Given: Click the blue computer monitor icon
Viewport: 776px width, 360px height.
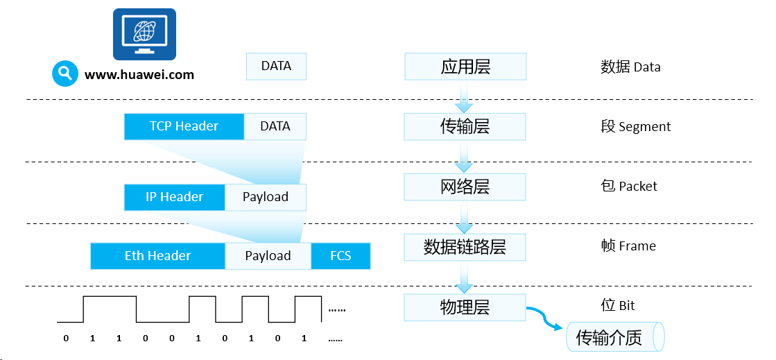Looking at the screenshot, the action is point(144,34).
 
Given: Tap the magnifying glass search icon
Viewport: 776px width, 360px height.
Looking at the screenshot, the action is point(64,74).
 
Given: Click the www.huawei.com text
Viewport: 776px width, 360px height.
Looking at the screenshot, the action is point(139,75).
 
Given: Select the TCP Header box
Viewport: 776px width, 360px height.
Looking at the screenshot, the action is point(184,126).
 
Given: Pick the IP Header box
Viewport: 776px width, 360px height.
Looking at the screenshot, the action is point(175,197).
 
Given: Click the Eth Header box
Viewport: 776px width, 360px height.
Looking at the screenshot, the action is point(158,256).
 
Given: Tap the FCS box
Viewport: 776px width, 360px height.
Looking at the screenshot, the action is point(340,256).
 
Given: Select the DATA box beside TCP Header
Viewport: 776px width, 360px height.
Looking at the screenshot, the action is point(275,126).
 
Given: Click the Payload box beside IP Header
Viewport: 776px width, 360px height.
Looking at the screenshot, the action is point(266,197).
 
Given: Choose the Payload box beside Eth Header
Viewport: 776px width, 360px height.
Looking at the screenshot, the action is point(268,256).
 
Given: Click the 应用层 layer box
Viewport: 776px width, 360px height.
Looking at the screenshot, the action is point(465,67).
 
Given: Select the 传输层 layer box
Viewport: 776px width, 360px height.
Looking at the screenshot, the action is point(465,127).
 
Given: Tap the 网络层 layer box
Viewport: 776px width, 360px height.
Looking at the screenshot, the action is point(465,187).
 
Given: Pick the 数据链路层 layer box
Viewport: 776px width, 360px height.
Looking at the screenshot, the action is point(465,247).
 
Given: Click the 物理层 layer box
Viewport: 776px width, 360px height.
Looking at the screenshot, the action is point(465,307).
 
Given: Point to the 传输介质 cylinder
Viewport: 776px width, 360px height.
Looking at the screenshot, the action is point(614,336).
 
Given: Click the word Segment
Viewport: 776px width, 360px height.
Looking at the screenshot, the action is point(645,127).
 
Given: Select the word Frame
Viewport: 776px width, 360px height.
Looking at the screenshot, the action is point(637,246).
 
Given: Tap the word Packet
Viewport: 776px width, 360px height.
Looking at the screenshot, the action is point(638,187).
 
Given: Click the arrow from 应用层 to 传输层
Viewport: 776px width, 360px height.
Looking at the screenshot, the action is point(465,96).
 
